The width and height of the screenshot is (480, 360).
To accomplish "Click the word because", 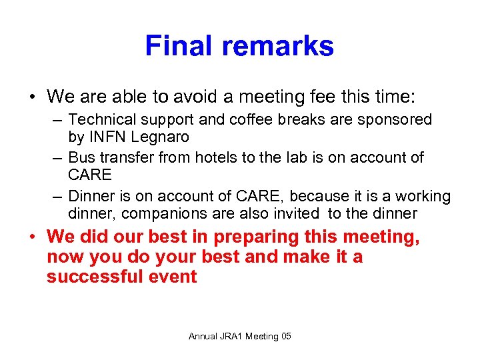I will pos(313,196).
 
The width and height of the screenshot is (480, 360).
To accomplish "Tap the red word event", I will pos(174,277).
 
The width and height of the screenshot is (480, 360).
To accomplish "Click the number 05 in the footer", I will pos(286,336).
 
